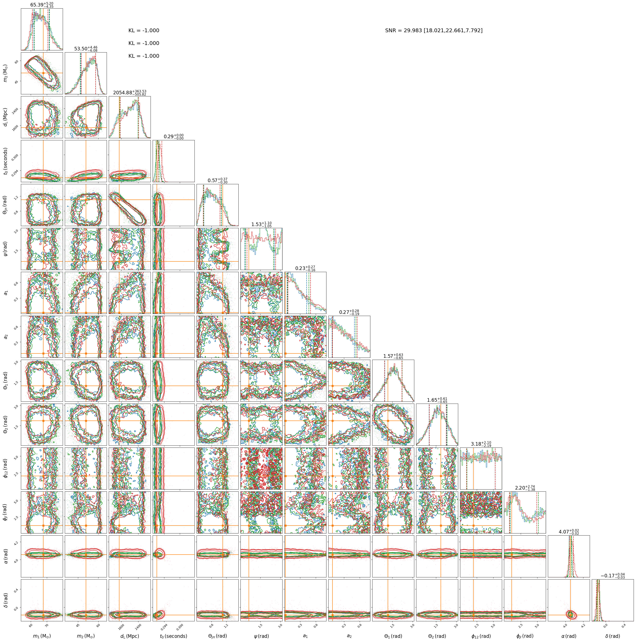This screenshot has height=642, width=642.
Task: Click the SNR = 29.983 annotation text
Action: (434, 31)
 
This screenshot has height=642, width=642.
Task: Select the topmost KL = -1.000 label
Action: (144, 31)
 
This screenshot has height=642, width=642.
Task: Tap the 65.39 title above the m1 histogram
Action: (42, 5)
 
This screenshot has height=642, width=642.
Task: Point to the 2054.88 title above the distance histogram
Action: (130, 93)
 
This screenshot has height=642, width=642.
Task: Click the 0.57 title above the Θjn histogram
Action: (218, 180)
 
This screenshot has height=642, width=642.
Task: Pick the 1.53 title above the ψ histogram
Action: (262, 224)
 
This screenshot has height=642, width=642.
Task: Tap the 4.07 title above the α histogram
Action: (569, 532)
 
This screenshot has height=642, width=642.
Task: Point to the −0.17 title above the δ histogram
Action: (613, 575)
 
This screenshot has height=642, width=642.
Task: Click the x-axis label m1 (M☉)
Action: (42, 636)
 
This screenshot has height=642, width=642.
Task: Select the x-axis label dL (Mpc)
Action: (130, 636)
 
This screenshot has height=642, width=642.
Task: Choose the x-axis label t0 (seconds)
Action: (173, 636)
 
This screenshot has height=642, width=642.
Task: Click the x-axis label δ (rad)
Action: (613, 636)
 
